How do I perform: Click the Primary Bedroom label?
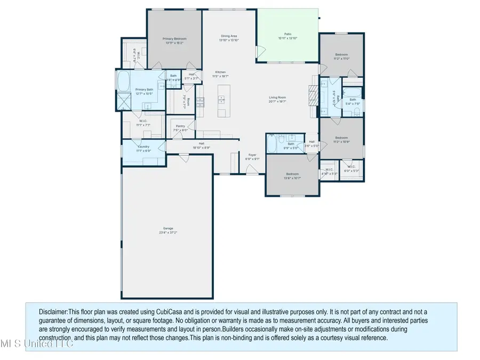pyautogui.click(x=174, y=39)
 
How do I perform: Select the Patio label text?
pyautogui.click(x=288, y=36)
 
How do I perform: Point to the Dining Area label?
pyautogui.click(x=229, y=36)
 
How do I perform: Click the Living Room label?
pyautogui.click(x=277, y=98)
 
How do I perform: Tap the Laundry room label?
pyautogui.click(x=143, y=147)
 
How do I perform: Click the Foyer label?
pyautogui.click(x=252, y=155)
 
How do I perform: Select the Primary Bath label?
pyautogui.click(x=144, y=90)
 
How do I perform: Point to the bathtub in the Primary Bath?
pyautogui.click(x=123, y=82)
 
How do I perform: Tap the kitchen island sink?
pyautogui.click(x=220, y=100)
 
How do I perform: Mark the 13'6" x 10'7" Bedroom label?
pyautogui.click(x=292, y=174)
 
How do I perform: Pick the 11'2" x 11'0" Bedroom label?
pyautogui.click(x=342, y=55)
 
